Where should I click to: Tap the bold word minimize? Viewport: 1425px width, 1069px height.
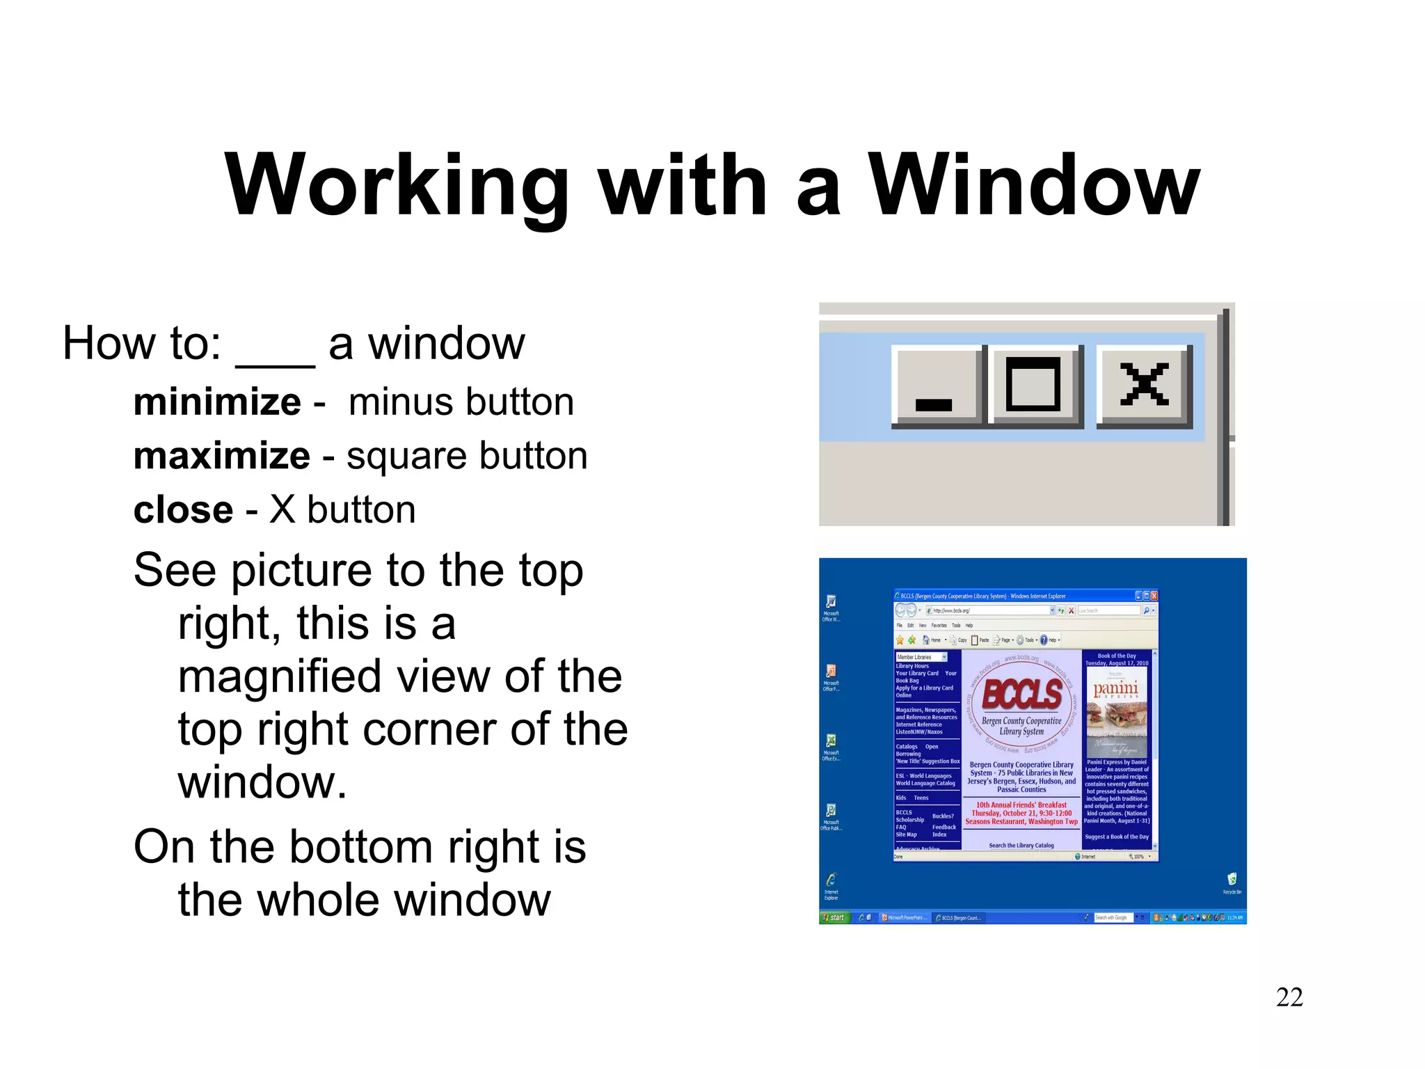pyautogui.click(x=217, y=402)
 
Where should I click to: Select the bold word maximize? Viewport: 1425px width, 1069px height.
pyautogui.click(x=221, y=456)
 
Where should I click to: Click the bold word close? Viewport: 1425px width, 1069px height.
pyautogui.click(x=183, y=510)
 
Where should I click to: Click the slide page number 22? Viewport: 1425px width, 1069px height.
pyautogui.click(x=1289, y=997)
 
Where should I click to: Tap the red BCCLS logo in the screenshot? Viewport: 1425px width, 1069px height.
pyautogui.click(x=1021, y=694)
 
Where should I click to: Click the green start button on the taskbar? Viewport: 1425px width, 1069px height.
pyautogui.click(x=834, y=917)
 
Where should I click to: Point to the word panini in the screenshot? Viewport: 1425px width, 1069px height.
pyautogui.click(x=1115, y=688)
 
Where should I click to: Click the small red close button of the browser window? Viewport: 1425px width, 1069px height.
pyautogui.click(x=1154, y=596)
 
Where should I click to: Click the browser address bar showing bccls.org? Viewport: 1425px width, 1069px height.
pyautogui.click(x=988, y=610)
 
